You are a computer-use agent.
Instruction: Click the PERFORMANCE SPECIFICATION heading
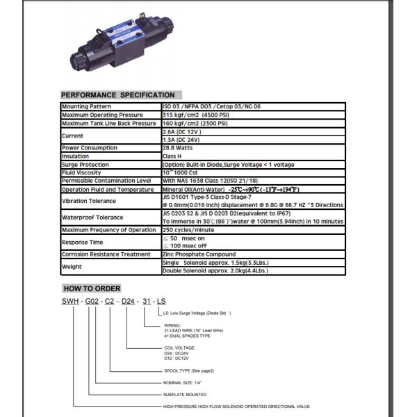pos(117,95)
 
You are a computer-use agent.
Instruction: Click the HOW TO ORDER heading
pos(92,288)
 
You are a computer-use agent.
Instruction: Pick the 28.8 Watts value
pos(179,148)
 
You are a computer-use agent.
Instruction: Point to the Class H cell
pos(173,156)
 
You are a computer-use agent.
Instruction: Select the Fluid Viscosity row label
pos(82,172)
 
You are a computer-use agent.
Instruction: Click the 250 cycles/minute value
pos(188,230)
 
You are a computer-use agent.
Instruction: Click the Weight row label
pos(72,266)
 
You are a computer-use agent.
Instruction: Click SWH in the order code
pos(69,301)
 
